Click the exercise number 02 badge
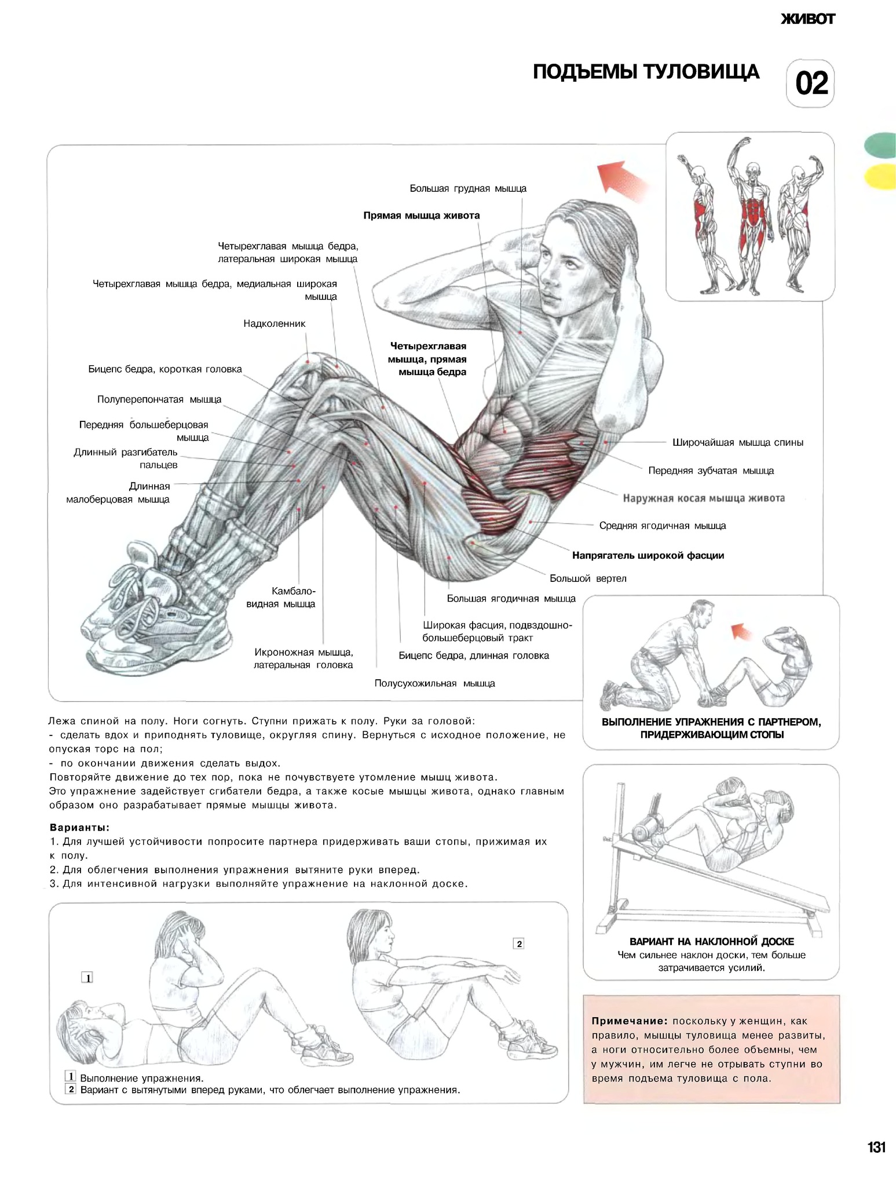[x=810, y=83]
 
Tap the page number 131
[x=876, y=1147]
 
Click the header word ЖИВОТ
[x=808, y=19]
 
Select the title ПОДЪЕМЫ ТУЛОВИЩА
[x=646, y=72]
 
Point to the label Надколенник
[x=274, y=323]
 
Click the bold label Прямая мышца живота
[x=422, y=216]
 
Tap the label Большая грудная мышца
[x=468, y=188]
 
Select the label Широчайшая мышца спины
[x=738, y=443]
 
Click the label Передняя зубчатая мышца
[x=711, y=471]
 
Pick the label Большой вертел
[x=588, y=578]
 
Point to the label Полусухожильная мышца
[x=434, y=683]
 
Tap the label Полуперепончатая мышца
[x=159, y=399]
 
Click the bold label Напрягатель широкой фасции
[x=648, y=555]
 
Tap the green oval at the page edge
[x=880, y=145]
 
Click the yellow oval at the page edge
[x=880, y=176]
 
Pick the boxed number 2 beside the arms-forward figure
[x=519, y=944]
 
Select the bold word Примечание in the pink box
[x=630, y=1021]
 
